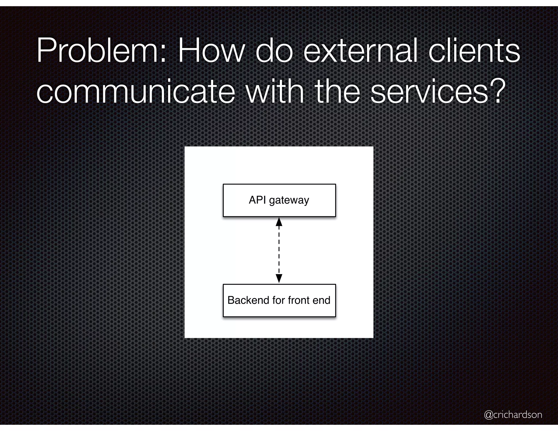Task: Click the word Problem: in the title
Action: click(x=101, y=51)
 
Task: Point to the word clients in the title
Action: click(x=474, y=51)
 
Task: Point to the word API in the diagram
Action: click(x=257, y=200)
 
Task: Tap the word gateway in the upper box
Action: click(x=289, y=201)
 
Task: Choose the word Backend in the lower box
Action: click(x=248, y=300)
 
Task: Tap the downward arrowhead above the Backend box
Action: click(x=279, y=278)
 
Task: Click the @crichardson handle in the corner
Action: click(x=513, y=414)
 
